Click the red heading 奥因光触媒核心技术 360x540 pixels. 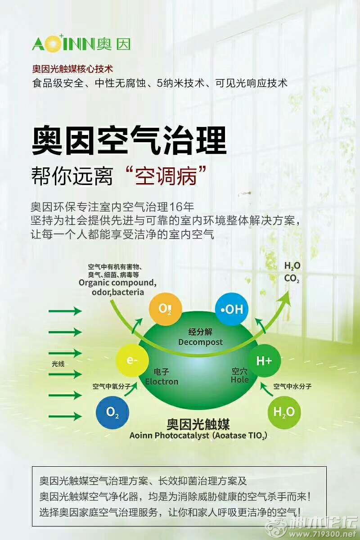tap(72, 69)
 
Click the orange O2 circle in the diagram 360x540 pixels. tap(165, 309)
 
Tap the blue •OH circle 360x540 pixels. tap(231, 309)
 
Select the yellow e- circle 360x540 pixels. tap(132, 360)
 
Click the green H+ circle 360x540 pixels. tap(264, 360)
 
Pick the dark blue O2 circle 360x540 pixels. tap(112, 412)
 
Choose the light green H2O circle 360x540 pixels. tap(284, 412)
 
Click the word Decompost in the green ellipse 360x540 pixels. tap(200, 342)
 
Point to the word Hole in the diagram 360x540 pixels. tap(239, 379)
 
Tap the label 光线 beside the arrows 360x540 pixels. tap(58, 364)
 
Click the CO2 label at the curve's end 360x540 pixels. tap(292, 279)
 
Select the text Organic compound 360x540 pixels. tap(117, 283)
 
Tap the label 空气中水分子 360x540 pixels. tap(292, 387)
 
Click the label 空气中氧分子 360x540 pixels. tap(112, 387)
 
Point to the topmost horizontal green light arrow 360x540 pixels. tap(65, 311)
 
